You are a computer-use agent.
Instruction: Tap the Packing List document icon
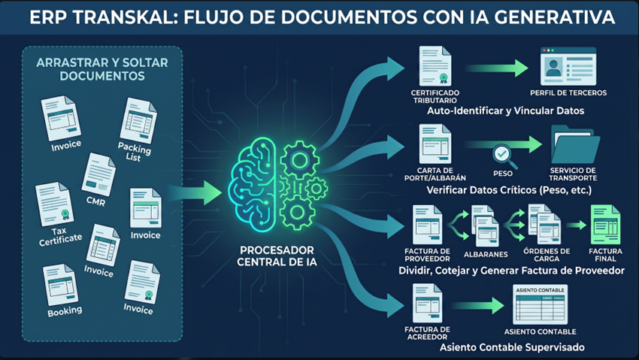pos(138,120)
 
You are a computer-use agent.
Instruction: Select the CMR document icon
pos(98,174)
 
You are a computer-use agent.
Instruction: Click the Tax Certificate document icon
pos(55,203)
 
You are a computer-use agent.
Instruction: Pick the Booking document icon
pos(60,284)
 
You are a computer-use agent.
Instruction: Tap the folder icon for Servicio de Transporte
pos(575,144)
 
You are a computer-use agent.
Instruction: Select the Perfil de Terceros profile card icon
pos(568,65)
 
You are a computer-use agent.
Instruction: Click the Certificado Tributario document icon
pos(435,66)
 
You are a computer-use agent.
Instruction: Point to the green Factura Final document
pos(606,225)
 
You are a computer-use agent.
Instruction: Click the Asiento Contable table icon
pos(540,304)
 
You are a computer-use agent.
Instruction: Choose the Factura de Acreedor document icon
pos(428,304)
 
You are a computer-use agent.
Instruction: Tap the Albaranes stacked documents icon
pos(486,225)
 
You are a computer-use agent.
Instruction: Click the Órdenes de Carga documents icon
pos(544,224)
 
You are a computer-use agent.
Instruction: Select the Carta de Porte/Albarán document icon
pos(435,144)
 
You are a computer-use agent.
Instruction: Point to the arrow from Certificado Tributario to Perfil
pos(496,68)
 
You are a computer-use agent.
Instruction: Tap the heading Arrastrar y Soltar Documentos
pos(102,69)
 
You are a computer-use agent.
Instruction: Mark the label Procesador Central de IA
pos(277,256)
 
